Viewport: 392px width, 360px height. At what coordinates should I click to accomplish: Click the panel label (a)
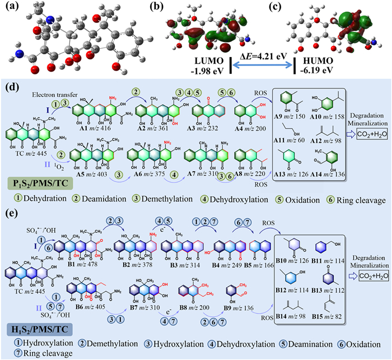[x=10, y=7]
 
